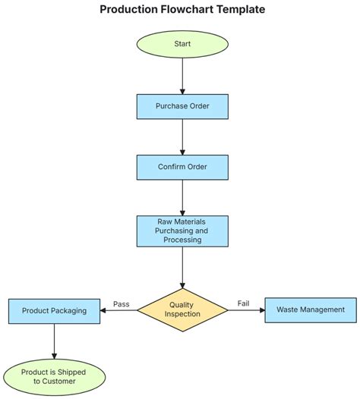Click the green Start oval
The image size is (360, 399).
pyautogui.click(x=182, y=44)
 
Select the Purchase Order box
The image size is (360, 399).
pyautogui.click(x=182, y=106)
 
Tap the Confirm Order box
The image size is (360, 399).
pyautogui.click(x=182, y=167)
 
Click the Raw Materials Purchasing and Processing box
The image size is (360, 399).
pyautogui.click(x=182, y=231)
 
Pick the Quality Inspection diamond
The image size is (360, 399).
pyautogui.click(x=182, y=309)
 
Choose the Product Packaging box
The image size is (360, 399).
pyautogui.click(x=54, y=310)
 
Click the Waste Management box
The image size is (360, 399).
pyautogui.click(x=310, y=310)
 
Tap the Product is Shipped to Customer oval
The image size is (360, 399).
pyautogui.click(x=54, y=376)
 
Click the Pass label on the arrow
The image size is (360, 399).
pyautogui.click(x=122, y=304)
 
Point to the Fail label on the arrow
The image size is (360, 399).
pyautogui.click(x=243, y=304)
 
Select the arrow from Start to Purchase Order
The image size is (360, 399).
pyautogui.click(x=182, y=76)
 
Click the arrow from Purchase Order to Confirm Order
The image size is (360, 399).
pyautogui.click(x=182, y=137)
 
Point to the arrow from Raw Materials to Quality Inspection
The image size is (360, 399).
pyautogui.click(x=182, y=265)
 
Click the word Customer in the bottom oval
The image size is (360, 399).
pyautogui.click(x=54, y=382)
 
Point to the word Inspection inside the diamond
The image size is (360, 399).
pyautogui.click(x=182, y=315)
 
